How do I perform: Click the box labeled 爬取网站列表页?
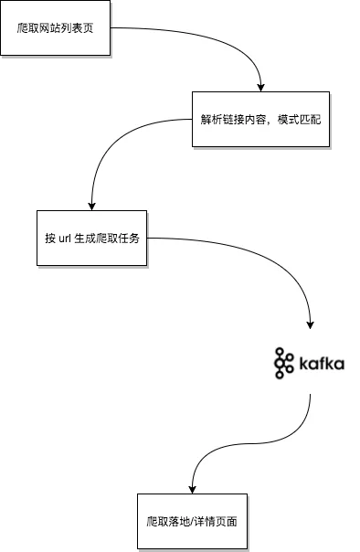pyautogui.click(x=55, y=27)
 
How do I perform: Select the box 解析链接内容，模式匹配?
pyautogui.click(x=260, y=120)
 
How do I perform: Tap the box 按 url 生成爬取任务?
pyautogui.click(x=92, y=238)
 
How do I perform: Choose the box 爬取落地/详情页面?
pyautogui.click(x=192, y=521)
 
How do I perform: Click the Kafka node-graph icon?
pyautogui.click(x=283, y=363)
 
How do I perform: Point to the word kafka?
pyautogui.click(x=322, y=364)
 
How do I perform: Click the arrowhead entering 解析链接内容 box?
pyautogui.click(x=260, y=88)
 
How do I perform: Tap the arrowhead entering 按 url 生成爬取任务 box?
pyautogui.click(x=92, y=207)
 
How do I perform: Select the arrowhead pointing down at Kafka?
pyautogui.click(x=310, y=324)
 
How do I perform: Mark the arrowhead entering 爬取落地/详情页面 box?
pyautogui.click(x=192, y=489)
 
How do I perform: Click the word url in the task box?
pyautogui.click(x=65, y=239)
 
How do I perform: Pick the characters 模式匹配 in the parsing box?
pyautogui.click(x=299, y=120)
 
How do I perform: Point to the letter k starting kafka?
pyautogui.click(x=303, y=364)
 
